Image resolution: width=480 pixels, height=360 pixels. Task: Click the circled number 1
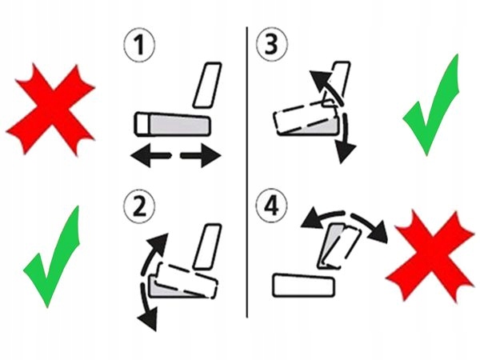tap(139, 46)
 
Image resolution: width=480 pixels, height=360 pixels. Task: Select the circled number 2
tap(139, 206)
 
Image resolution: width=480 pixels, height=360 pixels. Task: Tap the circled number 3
tap(271, 44)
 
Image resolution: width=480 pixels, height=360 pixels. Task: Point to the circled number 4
tap(271, 206)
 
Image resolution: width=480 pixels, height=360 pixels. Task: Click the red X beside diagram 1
tap(51, 110)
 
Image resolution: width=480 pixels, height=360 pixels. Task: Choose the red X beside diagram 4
tap(430, 257)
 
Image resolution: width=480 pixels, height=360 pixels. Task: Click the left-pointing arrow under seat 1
tap(150, 155)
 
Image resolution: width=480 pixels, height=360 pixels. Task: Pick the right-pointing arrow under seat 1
tap(201, 155)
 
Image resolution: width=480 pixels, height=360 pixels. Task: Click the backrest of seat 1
tap(207, 85)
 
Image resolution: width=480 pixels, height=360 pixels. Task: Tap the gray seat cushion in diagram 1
tap(179, 124)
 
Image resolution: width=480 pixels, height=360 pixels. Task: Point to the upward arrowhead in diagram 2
tap(158, 244)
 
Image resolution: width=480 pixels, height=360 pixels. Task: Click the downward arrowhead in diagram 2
tap(148, 319)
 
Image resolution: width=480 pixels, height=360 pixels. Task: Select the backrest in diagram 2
tap(207, 246)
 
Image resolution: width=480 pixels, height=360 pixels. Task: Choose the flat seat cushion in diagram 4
tap(303, 286)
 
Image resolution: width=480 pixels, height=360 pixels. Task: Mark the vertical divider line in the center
tap(247, 172)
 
